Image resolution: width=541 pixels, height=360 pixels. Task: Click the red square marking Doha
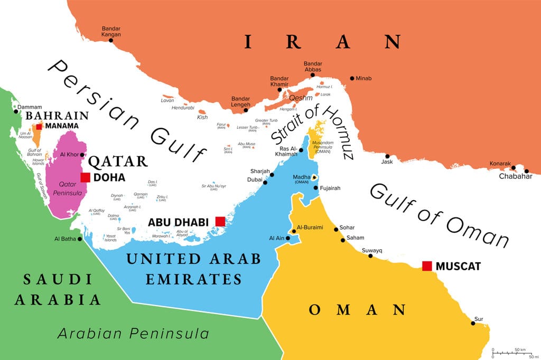click(x=85, y=177)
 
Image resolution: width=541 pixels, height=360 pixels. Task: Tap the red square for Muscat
click(x=427, y=266)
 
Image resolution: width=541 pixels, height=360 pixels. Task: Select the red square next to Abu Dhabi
click(x=220, y=221)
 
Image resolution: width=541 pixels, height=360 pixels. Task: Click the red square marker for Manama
click(x=39, y=126)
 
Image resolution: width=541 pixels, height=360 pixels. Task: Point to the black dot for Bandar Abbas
click(x=312, y=75)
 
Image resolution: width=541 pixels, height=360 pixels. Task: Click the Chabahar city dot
click(x=527, y=170)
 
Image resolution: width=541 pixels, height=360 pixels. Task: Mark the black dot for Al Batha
click(x=80, y=239)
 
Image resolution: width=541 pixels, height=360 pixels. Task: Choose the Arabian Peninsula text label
click(x=133, y=334)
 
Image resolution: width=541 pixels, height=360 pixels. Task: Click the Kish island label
click(x=202, y=117)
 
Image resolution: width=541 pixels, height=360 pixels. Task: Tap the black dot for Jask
click(x=387, y=156)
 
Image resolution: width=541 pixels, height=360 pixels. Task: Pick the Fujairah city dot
click(x=315, y=188)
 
